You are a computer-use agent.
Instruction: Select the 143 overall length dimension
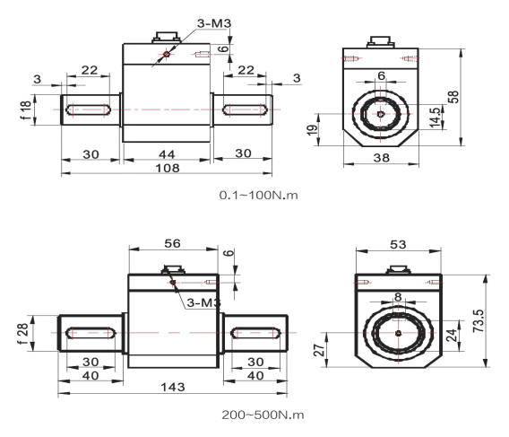pyautogui.click(x=173, y=386)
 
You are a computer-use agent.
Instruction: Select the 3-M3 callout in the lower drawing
pyautogui.click(x=203, y=305)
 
